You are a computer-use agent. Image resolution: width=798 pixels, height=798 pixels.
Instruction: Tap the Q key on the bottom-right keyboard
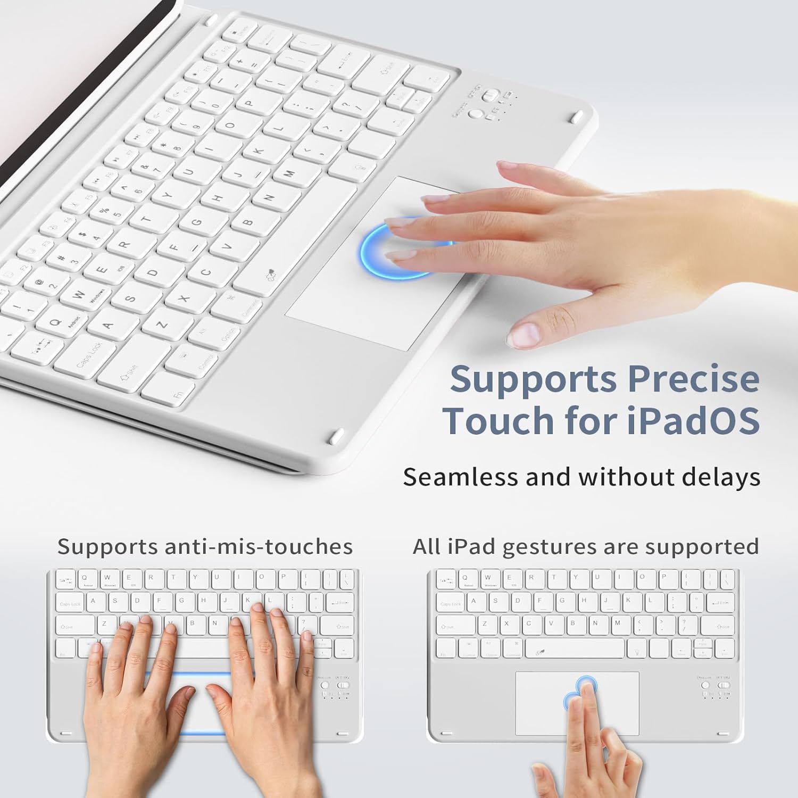465,579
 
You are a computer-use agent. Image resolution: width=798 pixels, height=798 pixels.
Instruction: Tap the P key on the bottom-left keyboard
283,578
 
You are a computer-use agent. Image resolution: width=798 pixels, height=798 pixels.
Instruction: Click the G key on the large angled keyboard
196,222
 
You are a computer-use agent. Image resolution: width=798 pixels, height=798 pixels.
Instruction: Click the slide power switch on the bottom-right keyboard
722,686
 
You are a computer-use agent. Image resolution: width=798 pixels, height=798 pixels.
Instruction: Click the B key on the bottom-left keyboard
192,624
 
